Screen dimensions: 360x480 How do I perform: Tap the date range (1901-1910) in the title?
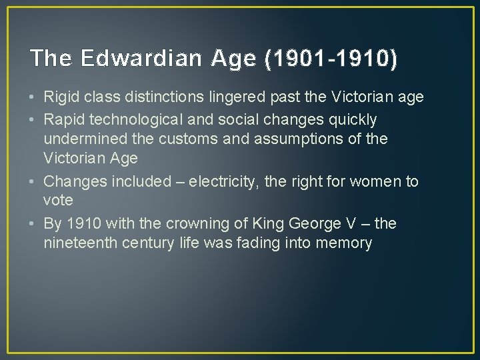pyautogui.click(x=331, y=59)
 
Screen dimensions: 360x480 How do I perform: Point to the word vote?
pyautogui.click(x=59, y=201)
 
